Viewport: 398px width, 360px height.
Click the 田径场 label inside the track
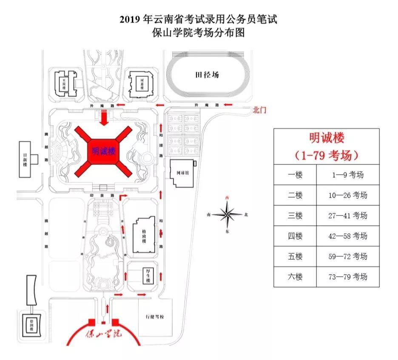click(207, 75)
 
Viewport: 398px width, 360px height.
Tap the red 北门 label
click(259, 110)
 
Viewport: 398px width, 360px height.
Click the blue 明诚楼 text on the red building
click(104, 151)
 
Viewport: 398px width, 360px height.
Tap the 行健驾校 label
click(155, 317)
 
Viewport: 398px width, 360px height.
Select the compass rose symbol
click(228, 215)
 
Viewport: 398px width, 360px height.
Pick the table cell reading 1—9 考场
click(347, 175)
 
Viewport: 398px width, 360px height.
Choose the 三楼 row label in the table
click(295, 215)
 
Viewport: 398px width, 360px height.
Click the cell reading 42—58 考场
click(347, 236)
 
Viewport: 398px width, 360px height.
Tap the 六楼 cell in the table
click(295, 277)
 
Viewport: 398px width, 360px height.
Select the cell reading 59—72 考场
click(347, 256)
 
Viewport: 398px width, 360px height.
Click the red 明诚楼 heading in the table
click(326, 138)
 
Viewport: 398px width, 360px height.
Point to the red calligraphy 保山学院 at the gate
click(103, 334)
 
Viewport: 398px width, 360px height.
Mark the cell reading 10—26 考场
click(347, 195)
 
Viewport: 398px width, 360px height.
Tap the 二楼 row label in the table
click(295, 195)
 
